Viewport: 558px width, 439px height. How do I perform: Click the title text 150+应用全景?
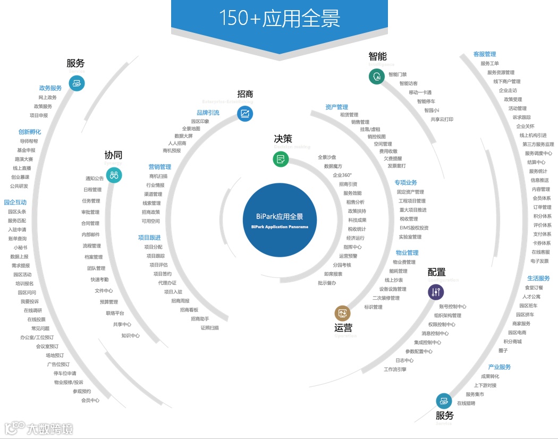(280, 18)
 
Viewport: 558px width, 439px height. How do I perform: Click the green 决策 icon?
(281, 159)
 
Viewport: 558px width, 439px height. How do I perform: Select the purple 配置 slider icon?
(436, 292)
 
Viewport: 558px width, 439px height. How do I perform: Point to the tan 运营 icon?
(342, 313)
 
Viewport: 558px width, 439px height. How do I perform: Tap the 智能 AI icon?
(377, 76)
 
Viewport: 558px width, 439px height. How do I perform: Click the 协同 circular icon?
(114, 175)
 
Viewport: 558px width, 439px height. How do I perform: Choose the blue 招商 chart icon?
(245, 113)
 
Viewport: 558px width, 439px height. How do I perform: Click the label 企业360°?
(342, 175)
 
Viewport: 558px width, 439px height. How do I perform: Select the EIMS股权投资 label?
(414, 228)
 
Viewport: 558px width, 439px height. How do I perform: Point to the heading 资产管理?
(336, 107)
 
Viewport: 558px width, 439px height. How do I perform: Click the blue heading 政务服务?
(50, 88)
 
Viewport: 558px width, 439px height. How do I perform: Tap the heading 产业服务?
(499, 367)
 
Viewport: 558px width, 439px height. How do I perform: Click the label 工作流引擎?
(395, 369)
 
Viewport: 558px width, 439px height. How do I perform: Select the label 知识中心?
(130, 336)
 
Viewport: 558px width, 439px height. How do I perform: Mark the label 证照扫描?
(209, 328)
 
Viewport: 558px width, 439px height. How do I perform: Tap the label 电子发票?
(539, 261)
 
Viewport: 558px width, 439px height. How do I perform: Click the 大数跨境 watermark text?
(50, 428)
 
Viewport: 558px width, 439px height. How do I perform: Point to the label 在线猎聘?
(466, 403)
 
